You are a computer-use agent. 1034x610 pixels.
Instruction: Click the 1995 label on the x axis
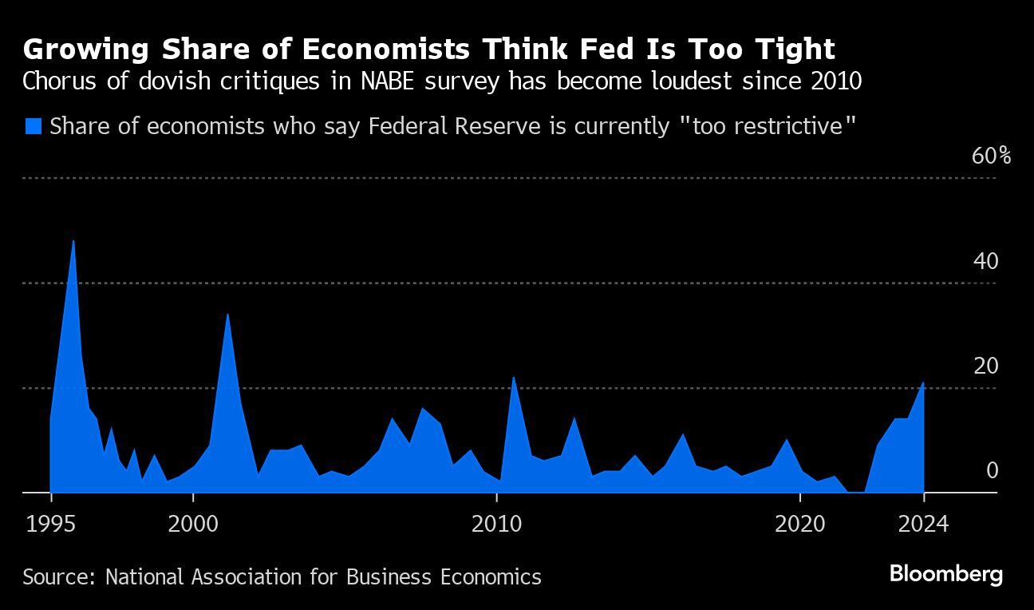pyautogui.click(x=51, y=525)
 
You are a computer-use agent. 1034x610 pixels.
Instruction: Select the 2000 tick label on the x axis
pyautogui.click(x=193, y=525)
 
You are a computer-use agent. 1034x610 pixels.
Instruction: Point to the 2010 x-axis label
pyautogui.click(x=496, y=525)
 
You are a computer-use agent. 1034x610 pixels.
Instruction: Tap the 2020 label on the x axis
pyautogui.click(x=799, y=525)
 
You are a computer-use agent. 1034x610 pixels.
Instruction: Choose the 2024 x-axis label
pyautogui.click(x=923, y=525)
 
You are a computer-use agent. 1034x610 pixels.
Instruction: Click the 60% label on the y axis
pyautogui.click(x=991, y=156)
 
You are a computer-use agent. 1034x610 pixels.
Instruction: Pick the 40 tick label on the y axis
pyautogui.click(x=986, y=261)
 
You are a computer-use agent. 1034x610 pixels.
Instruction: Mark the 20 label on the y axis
pyautogui.click(x=986, y=366)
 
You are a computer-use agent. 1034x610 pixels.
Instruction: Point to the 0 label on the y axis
pyautogui.click(x=992, y=470)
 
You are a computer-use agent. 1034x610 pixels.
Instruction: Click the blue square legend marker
pyautogui.click(x=33, y=126)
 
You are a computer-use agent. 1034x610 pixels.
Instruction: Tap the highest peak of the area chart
pyautogui.click(x=73, y=241)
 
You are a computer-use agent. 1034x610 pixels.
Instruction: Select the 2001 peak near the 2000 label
pyautogui.click(x=227, y=315)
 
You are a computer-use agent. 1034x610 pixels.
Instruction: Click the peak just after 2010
pyautogui.click(x=513, y=378)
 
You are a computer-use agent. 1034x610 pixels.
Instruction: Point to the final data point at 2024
pyautogui.click(x=923, y=383)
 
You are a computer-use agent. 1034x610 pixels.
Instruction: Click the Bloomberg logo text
pyautogui.click(x=945, y=574)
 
